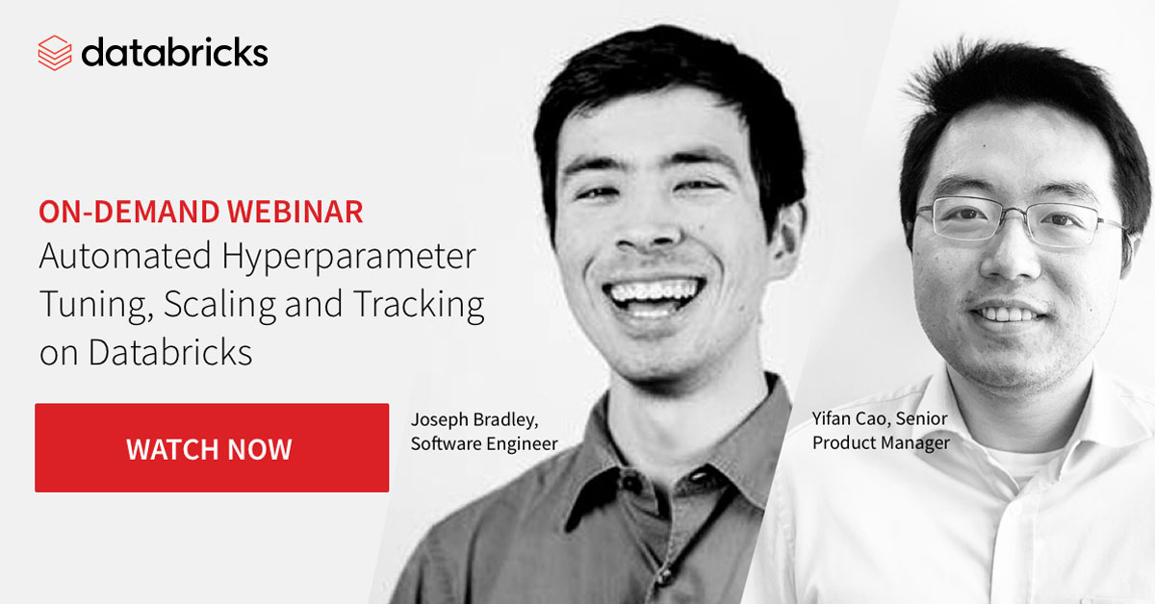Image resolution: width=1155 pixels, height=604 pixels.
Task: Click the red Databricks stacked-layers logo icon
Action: (x=55, y=53)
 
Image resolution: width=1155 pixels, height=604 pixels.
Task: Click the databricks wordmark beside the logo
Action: (x=175, y=52)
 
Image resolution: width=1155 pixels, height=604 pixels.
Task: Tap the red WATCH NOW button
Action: (x=212, y=448)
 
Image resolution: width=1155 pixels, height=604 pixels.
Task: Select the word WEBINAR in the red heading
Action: (x=295, y=212)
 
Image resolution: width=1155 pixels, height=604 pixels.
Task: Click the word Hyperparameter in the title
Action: (x=349, y=257)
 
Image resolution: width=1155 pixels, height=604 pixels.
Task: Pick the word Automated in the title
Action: (x=125, y=256)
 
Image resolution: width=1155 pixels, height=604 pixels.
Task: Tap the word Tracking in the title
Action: (x=419, y=305)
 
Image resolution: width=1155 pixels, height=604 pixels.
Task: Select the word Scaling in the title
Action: (x=220, y=305)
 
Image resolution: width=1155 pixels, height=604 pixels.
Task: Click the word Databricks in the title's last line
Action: (x=170, y=353)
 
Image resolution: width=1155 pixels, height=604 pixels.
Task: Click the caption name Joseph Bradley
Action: (x=475, y=420)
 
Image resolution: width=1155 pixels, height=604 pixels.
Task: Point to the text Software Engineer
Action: (x=484, y=443)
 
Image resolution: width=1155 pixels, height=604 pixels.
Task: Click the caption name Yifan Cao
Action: (x=852, y=418)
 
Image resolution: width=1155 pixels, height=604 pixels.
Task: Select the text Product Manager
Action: (x=881, y=442)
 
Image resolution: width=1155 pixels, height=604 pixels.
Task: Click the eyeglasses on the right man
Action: (x=1018, y=220)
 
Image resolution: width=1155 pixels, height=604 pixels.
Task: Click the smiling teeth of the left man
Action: (x=654, y=295)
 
